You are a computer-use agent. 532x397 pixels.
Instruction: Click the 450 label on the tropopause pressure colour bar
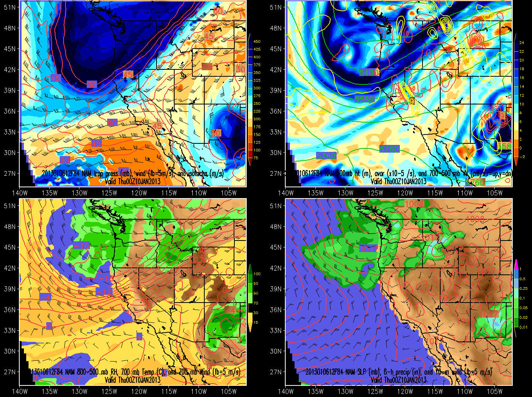point(257,42)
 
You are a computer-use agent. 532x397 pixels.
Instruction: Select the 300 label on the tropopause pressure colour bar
point(257,88)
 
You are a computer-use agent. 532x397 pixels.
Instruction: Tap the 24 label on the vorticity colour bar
point(522,43)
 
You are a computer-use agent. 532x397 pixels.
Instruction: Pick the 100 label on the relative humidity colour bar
point(257,274)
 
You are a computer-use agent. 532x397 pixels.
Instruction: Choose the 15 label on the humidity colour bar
point(256,323)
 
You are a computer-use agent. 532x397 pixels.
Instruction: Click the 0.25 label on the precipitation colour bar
point(523,288)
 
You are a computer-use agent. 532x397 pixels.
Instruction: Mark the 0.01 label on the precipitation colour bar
point(523,327)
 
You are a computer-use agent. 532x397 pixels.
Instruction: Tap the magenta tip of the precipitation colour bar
point(516,264)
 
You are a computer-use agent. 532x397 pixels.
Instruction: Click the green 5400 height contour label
point(369,72)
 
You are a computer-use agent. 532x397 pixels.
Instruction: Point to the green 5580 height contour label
point(364,99)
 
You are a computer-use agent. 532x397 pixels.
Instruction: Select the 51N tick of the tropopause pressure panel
point(10,7)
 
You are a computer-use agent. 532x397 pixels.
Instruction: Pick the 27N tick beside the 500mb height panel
point(276,173)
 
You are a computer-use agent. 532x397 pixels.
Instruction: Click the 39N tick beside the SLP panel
point(276,289)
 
